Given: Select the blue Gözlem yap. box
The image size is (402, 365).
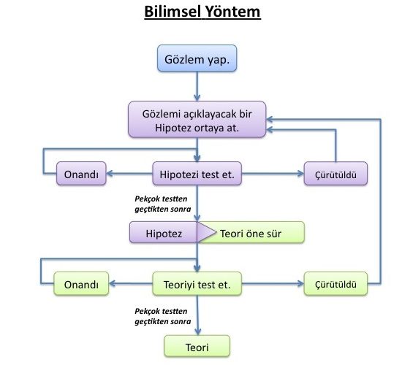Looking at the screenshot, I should [197, 59].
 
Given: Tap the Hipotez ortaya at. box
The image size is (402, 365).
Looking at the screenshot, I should [197, 120].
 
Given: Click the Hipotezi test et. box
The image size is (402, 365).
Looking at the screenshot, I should [197, 174].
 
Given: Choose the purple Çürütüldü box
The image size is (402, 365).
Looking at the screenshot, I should [335, 174].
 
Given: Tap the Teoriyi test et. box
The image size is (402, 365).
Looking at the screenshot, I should [197, 284].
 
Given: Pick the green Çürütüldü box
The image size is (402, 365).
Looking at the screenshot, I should [335, 284].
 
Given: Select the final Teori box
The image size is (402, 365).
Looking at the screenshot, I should [197, 345].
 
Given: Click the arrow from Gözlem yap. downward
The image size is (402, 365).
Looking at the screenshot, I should [197, 86].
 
